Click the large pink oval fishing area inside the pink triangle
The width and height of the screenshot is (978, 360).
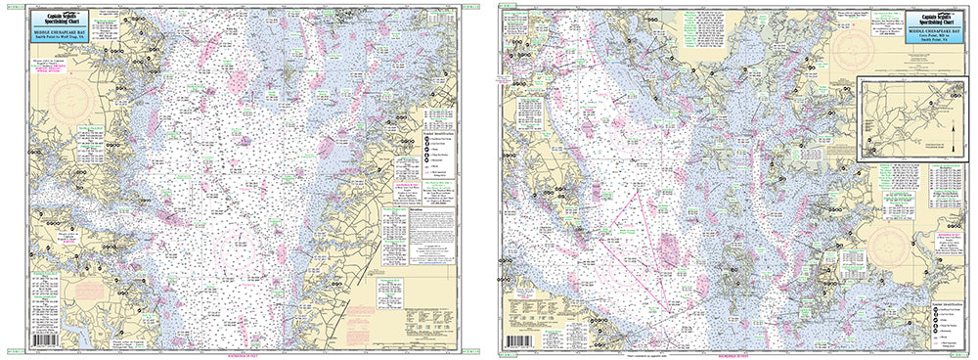point(669,250)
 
